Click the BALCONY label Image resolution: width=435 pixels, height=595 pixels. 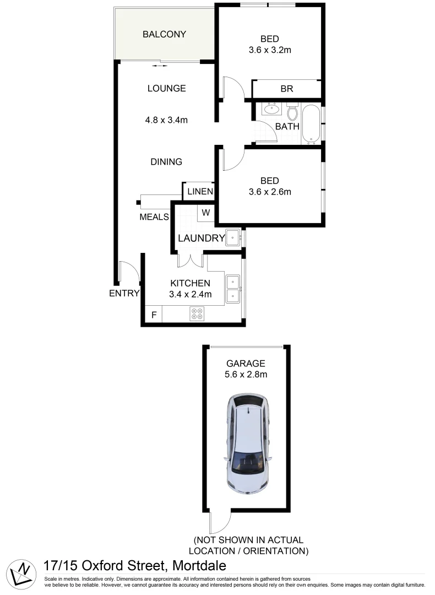coord(164,34)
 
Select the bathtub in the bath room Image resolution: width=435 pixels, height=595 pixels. coord(312,123)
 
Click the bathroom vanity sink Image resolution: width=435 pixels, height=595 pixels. coord(271,109)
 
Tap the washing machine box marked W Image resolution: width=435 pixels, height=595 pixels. coord(206,213)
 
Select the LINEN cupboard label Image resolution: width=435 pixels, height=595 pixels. coord(199,192)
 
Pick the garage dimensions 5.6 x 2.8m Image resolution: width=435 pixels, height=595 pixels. coord(246,375)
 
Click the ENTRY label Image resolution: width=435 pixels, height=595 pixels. coord(124,293)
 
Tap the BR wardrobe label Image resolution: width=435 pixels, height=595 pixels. coord(286,89)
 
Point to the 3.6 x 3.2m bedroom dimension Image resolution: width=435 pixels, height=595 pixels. coord(269,50)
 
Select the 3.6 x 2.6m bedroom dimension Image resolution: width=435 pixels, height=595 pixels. coord(269,192)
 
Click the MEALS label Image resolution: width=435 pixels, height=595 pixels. coord(154,217)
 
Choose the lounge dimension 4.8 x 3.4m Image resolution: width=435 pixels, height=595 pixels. coord(166,120)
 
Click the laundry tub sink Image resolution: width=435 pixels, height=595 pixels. coord(232,239)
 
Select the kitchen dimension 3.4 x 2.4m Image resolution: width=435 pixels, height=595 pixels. coord(190,294)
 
